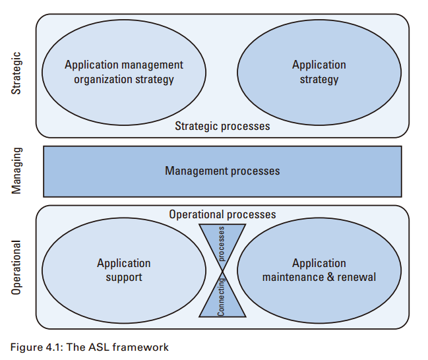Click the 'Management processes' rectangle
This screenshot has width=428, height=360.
click(x=222, y=171)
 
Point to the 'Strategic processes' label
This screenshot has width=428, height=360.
click(x=222, y=126)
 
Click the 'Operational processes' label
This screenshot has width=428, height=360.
click(x=222, y=215)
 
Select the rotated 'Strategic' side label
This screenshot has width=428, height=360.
click(x=18, y=73)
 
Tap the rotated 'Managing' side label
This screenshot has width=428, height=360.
click(x=18, y=171)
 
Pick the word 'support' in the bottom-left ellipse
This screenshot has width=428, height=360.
click(x=124, y=277)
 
